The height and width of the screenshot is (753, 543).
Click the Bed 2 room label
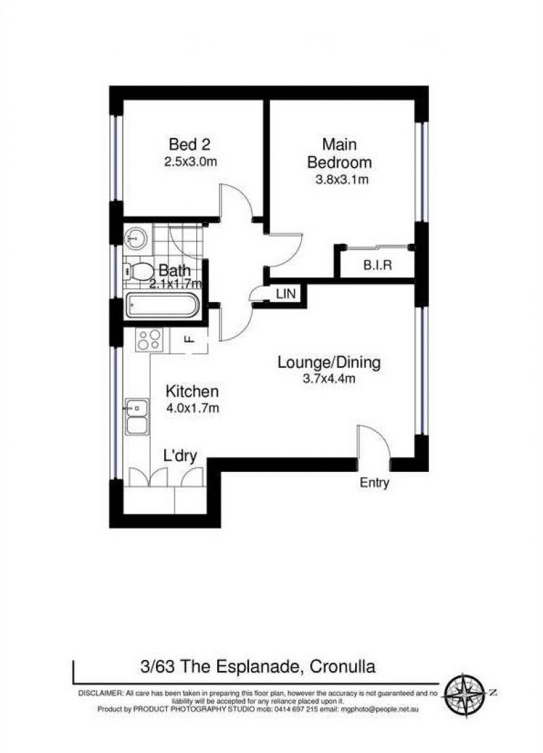[x=189, y=144]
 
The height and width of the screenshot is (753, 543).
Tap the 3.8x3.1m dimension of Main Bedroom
[x=341, y=180]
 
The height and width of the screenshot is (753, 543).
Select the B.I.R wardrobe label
[x=377, y=265]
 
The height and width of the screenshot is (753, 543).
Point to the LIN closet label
[x=286, y=293]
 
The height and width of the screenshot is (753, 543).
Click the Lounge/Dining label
[x=329, y=362]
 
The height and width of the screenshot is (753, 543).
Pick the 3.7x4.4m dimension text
[x=329, y=378]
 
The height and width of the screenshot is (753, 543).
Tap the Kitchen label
[x=192, y=391]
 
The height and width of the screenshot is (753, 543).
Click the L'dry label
[x=180, y=455]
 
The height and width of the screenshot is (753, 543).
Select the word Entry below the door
[x=375, y=483]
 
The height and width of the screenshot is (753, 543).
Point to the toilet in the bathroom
[x=138, y=272]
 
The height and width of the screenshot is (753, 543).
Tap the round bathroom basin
[x=136, y=238]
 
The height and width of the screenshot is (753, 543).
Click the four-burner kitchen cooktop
[x=149, y=339]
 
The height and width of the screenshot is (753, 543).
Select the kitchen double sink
[x=137, y=417]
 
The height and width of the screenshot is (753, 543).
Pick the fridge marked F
[x=189, y=340]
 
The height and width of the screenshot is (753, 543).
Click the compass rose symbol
[x=464, y=693]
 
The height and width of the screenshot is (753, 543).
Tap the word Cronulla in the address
[x=342, y=667]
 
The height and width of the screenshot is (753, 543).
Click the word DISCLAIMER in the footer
[x=100, y=693]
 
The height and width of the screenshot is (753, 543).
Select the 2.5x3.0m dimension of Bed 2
[x=191, y=162]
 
